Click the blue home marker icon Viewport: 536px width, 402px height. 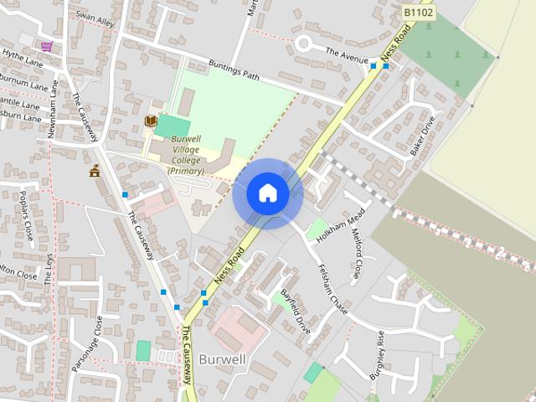click(x=267, y=193)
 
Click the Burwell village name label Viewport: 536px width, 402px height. click(x=222, y=360)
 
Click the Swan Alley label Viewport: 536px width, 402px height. click(x=94, y=18)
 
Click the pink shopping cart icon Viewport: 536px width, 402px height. click(x=47, y=45)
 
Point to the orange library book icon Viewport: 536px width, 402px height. click(x=150, y=121)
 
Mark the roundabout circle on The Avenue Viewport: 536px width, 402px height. click(x=303, y=44)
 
